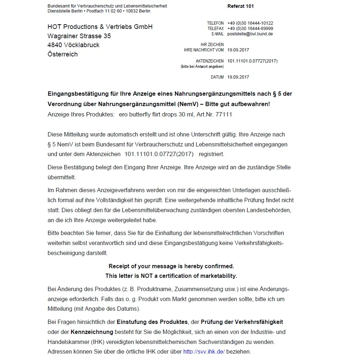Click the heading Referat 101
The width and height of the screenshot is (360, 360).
[x=240, y=6]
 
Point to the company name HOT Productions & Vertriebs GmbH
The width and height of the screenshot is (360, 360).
[x=100, y=27]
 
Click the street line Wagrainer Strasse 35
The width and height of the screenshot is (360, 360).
[x=79, y=36]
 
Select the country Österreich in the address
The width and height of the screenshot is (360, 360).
[x=62, y=54]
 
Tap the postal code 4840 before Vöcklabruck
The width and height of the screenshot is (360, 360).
[x=55, y=45]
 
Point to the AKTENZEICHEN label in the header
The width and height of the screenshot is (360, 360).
[x=210, y=61]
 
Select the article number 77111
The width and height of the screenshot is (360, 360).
[x=224, y=115]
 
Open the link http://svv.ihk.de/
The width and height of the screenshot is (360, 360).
[x=204, y=351]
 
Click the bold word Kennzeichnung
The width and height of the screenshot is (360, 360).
[x=92, y=332]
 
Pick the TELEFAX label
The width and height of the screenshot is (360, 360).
[x=215, y=29]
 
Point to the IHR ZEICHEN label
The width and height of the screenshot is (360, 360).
[x=212, y=45]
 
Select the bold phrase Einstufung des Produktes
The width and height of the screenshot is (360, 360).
[x=152, y=322]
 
